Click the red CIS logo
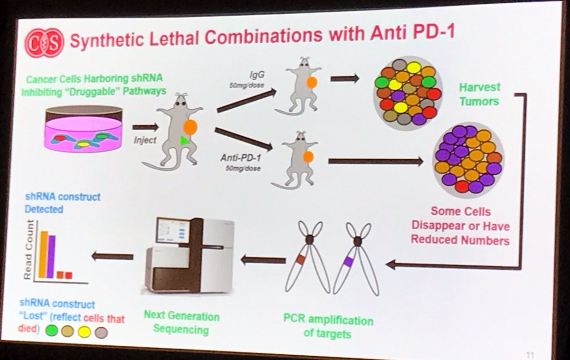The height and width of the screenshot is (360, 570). [x=44, y=42]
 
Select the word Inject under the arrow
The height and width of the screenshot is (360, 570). [x=145, y=141]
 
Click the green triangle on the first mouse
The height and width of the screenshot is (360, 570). [x=184, y=141]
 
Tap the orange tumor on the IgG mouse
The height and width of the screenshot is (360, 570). [x=312, y=82]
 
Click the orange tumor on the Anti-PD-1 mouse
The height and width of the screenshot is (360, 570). [x=308, y=156]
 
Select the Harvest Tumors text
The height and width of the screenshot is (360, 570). [x=479, y=94]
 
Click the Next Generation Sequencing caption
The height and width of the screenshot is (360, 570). [x=181, y=323]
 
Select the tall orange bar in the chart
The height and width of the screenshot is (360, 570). [x=43, y=254]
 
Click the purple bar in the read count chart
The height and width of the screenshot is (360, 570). [x=51, y=256]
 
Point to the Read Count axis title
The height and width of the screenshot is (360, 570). [x=28, y=256]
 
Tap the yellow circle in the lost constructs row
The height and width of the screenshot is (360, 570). [x=84, y=332]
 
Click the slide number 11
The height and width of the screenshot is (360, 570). [x=531, y=354]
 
